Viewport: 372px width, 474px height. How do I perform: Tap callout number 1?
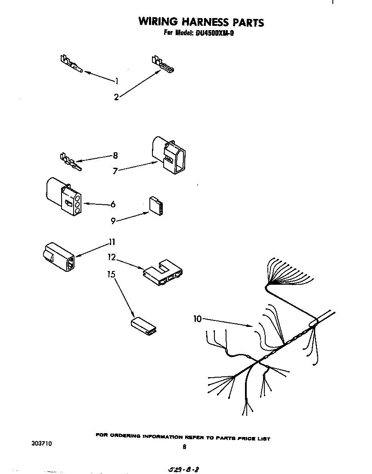116,80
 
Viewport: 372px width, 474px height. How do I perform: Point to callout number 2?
116,97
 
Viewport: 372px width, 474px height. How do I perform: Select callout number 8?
115,156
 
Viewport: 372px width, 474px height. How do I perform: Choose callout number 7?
115,171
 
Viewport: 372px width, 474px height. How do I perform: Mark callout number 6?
113,204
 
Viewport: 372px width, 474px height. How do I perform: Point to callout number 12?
112,257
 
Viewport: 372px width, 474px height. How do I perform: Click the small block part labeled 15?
144,326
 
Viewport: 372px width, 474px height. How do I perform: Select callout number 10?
198,319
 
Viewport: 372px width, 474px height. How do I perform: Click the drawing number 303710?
41,443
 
